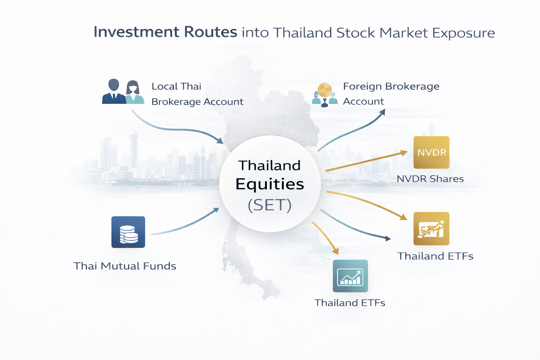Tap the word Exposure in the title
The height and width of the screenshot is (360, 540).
[x=463, y=33]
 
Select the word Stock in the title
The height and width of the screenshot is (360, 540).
[x=355, y=33]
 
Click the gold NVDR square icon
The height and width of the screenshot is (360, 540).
[x=431, y=152]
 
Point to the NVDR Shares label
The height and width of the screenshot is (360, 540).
[x=430, y=179]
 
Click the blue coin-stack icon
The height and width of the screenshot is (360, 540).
[x=128, y=232]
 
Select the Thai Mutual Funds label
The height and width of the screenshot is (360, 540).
[x=125, y=266]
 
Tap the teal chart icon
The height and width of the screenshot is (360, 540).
[x=350, y=276]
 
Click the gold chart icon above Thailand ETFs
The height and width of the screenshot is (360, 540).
[x=431, y=229]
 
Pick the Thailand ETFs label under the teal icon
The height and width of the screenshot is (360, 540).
[x=350, y=303]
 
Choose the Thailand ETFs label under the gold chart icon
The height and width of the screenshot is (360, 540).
[x=435, y=256]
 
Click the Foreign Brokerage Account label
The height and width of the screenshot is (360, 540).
[x=391, y=94]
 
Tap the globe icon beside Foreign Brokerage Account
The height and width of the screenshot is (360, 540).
[x=324, y=90]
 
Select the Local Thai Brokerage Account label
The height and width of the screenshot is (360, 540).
[x=197, y=94]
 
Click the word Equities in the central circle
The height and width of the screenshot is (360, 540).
[x=270, y=184]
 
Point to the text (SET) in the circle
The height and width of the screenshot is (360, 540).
[x=270, y=205]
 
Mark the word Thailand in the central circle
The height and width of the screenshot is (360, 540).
[x=270, y=165]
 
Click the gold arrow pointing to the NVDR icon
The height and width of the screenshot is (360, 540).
[x=366, y=161]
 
